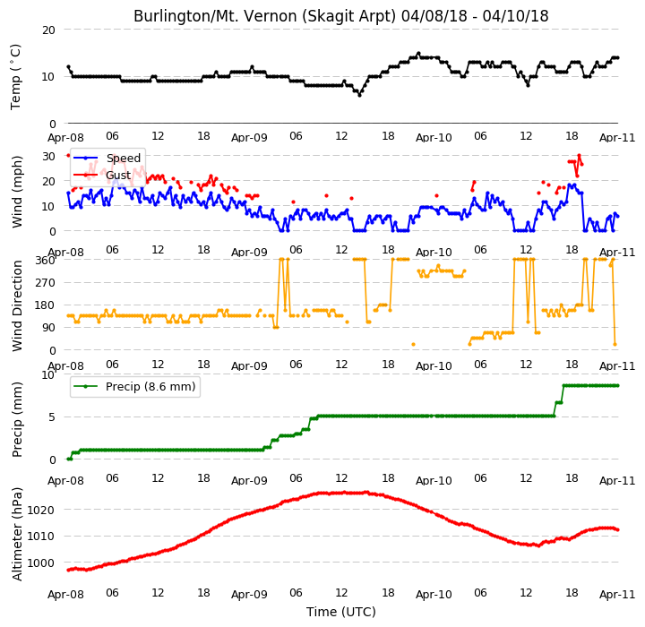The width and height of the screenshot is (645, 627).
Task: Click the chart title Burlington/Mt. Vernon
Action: [340, 16]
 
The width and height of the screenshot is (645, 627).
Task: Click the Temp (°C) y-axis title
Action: [15, 77]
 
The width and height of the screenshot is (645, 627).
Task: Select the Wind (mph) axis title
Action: [17, 192]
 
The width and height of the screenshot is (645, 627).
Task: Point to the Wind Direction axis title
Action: [17, 305]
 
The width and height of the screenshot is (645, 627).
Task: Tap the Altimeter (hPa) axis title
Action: [17, 534]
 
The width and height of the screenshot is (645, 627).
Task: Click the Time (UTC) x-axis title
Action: [341, 612]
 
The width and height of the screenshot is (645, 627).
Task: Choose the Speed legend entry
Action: [107, 158]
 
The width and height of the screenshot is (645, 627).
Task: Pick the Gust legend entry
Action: [102, 176]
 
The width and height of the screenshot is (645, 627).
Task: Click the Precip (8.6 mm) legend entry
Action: [134, 387]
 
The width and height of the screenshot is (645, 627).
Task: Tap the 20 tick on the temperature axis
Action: [48, 30]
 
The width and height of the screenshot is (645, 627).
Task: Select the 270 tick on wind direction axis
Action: [46, 283]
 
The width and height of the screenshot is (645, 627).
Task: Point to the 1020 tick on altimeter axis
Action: [40, 511]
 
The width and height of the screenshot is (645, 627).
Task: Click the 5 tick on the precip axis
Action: [51, 417]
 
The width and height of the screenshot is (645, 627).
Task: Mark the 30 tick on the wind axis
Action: [48, 157]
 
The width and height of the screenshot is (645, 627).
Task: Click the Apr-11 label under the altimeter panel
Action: [617, 595]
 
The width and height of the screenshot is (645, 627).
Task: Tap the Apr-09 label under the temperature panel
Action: [249, 137]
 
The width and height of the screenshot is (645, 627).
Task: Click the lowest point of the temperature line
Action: [359, 95]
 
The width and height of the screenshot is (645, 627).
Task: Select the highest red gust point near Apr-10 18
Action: [579, 156]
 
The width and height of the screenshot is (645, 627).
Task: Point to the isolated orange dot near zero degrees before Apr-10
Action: [413, 344]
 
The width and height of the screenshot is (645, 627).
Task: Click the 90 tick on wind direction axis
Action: [48, 328]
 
